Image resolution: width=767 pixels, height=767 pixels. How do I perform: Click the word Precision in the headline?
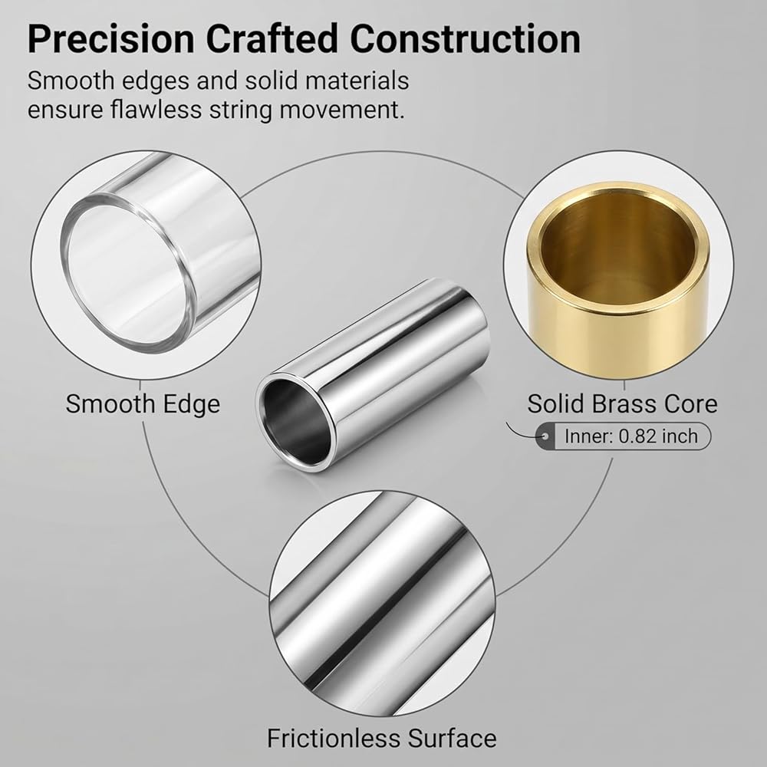coord(111,38)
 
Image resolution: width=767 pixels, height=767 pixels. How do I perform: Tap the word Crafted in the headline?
coord(272,38)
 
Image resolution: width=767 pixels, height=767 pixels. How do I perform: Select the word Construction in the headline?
coord(466,38)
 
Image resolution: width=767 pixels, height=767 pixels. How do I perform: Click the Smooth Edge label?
coord(143,404)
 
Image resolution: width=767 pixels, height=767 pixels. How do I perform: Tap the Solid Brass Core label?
coord(622,404)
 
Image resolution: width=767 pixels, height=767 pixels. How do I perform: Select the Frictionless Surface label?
coord(381,738)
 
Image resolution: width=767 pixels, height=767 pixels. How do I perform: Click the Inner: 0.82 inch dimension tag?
coord(623,436)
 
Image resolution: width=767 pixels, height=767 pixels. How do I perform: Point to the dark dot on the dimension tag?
coord(545,436)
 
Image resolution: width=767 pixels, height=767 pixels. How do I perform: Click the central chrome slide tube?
coord(373,375)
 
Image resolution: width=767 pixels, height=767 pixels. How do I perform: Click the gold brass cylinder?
coord(618,279)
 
